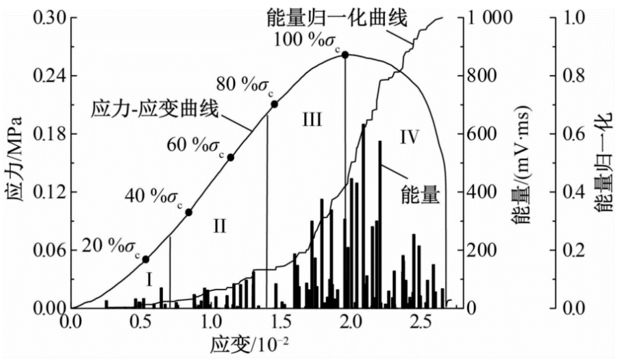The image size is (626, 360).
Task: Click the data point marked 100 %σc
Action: coord(345,55)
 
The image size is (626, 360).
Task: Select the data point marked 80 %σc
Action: coord(275,104)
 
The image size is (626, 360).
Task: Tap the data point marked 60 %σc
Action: coord(231,157)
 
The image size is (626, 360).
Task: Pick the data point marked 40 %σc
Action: coord(189,212)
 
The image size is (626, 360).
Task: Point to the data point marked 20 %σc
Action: coord(146,259)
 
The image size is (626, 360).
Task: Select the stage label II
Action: coord(218,225)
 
